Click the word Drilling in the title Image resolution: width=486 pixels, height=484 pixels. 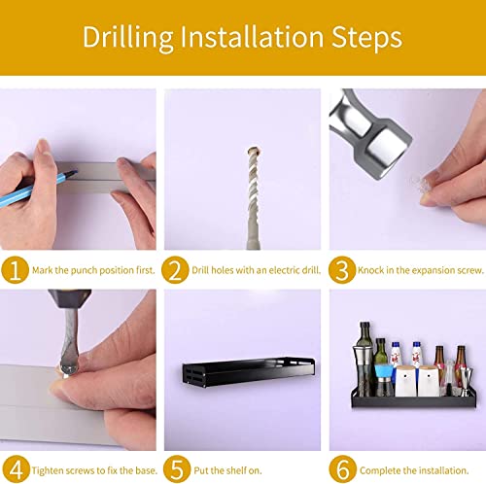click(x=127, y=38)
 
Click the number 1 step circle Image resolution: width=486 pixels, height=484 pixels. click(x=15, y=270)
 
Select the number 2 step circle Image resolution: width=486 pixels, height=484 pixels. click(x=175, y=270)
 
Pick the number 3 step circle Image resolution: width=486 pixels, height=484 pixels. click(x=342, y=270)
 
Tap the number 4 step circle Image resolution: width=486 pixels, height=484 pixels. click(x=16, y=469)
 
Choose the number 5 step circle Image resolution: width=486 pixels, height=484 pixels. click(x=177, y=469)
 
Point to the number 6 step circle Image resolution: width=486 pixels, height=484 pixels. click(x=343, y=469)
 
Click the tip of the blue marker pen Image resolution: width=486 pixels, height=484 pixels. click(x=77, y=171)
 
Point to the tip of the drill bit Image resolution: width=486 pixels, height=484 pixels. click(x=254, y=150)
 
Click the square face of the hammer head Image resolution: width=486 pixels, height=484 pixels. click(x=387, y=148)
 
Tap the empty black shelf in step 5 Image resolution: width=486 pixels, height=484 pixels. click(x=249, y=371)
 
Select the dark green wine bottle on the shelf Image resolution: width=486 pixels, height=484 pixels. click(x=364, y=359)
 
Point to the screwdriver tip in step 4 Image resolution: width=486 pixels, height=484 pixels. click(x=67, y=369)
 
